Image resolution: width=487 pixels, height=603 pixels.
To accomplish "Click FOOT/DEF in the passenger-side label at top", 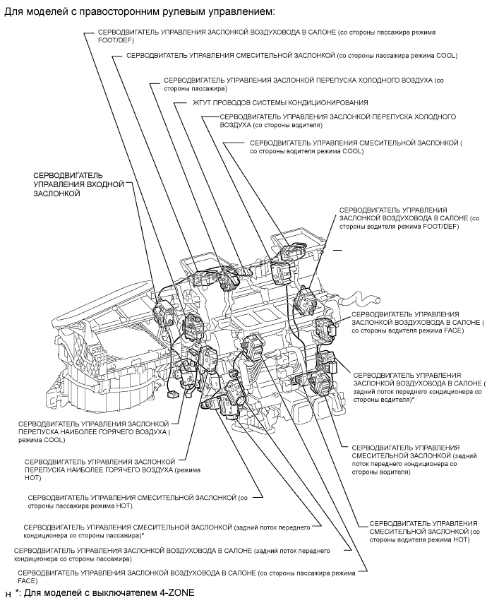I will [114, 41].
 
